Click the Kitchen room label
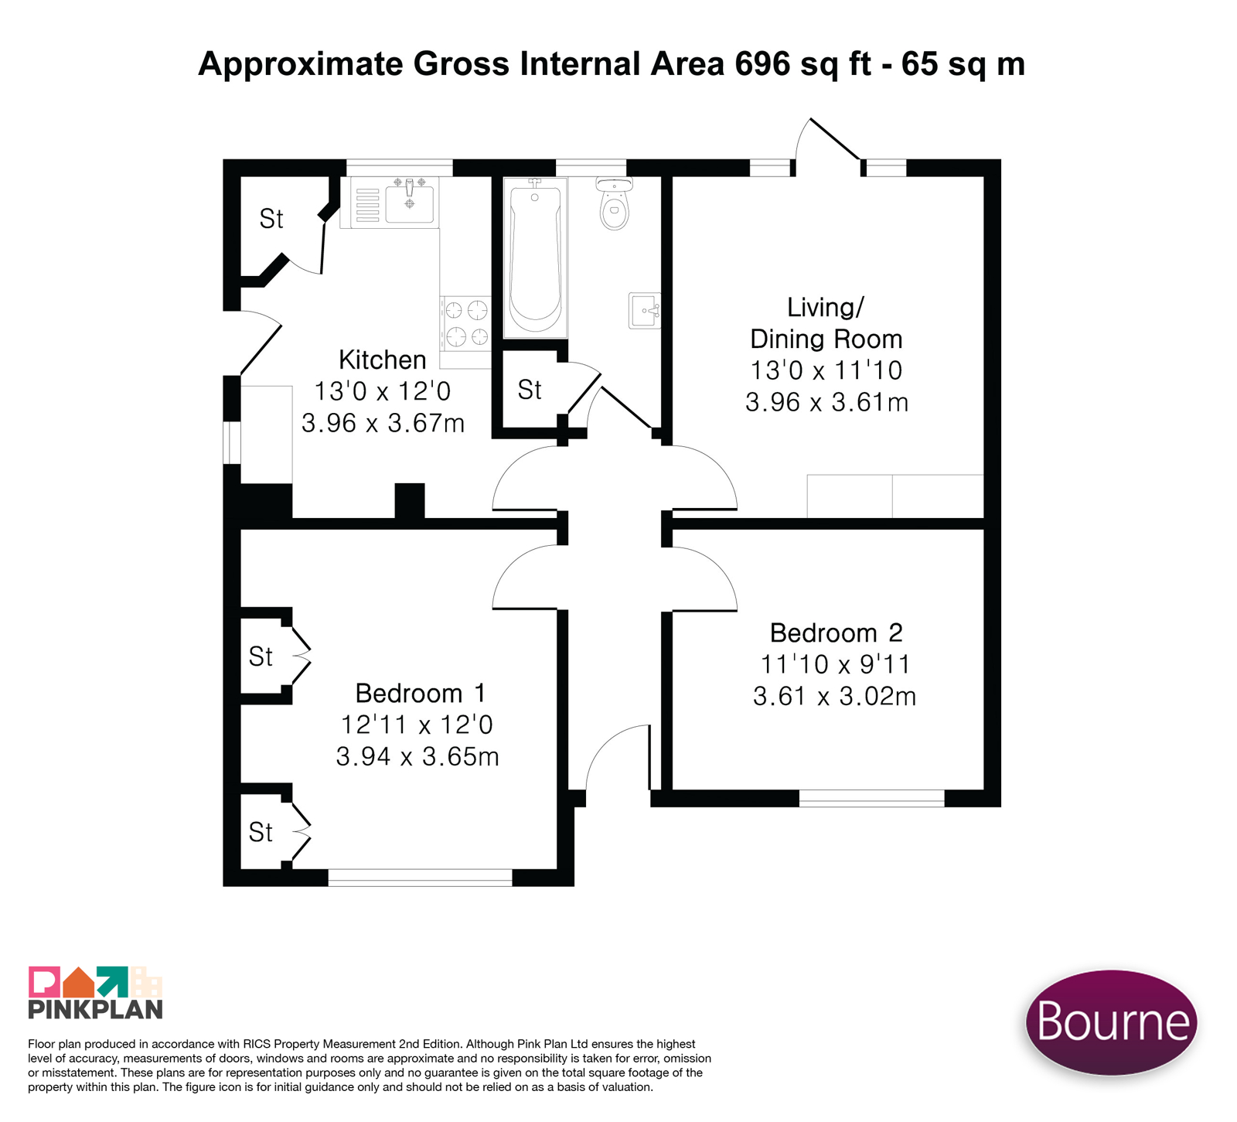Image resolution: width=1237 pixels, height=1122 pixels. click(383, 360)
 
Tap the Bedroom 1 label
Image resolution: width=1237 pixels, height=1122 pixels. click(420, 693)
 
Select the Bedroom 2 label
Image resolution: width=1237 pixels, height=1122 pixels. click(836, 633)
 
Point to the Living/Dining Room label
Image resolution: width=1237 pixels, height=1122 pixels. click(826, 323)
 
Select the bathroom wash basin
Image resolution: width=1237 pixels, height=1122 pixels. click(645, 311)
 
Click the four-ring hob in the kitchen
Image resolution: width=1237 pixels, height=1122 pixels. click(466, 323)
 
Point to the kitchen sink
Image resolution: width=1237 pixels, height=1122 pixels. click(409, 201)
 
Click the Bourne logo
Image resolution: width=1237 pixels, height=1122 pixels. click(1111, 1022)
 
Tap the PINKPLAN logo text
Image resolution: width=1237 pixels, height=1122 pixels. click(95, 1009)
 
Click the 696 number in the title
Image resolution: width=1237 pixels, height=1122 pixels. click(763, 63)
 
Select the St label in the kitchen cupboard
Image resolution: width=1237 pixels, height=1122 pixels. click(271, 220)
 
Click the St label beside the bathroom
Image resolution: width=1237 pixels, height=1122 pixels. click(530, 390)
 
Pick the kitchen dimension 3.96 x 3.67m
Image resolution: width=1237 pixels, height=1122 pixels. click(383, 424)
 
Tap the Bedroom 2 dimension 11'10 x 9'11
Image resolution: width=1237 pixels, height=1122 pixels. click(835, 664)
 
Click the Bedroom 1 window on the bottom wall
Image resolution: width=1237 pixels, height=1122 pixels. click(420, 878)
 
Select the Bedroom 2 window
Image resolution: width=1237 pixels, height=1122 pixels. click(871, 799)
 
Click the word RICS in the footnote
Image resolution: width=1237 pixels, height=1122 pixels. click(257, 1044)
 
